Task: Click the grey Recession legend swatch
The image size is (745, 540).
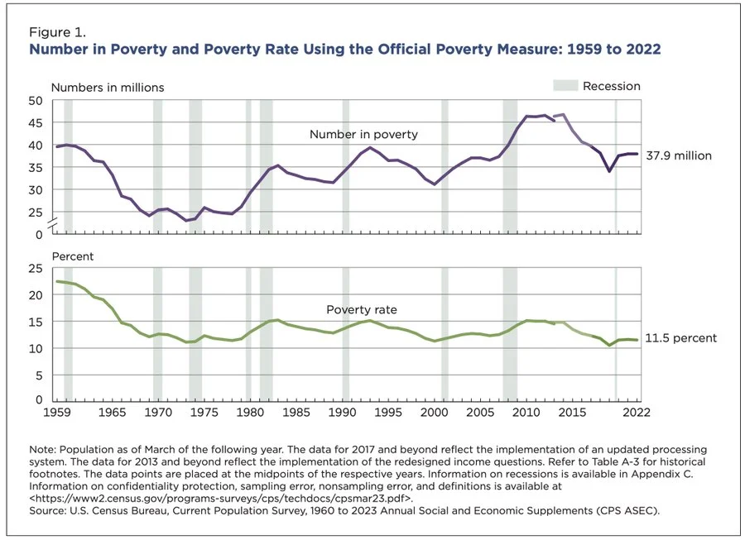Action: pyautogui.click(x=565, y=86)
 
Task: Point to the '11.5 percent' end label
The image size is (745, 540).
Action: pyautogui.click(x=681, y=338)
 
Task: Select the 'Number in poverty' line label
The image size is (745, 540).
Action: pyautogui.click(x=363, y=134)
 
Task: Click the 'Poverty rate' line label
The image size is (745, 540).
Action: pyautogui.click(x=361, y=310)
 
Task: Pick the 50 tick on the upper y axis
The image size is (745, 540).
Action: pyautogui.click(x=36, y=101)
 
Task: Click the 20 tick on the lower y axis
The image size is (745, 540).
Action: pyautogui.click(x=36, y=294)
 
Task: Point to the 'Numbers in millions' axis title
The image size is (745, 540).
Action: pyautogui.click(x=108, y=88)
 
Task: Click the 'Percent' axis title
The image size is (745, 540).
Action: pyautogui.click(x=73, y=256)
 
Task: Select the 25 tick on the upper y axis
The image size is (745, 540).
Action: pyautogui.click(x=36, y=213)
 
